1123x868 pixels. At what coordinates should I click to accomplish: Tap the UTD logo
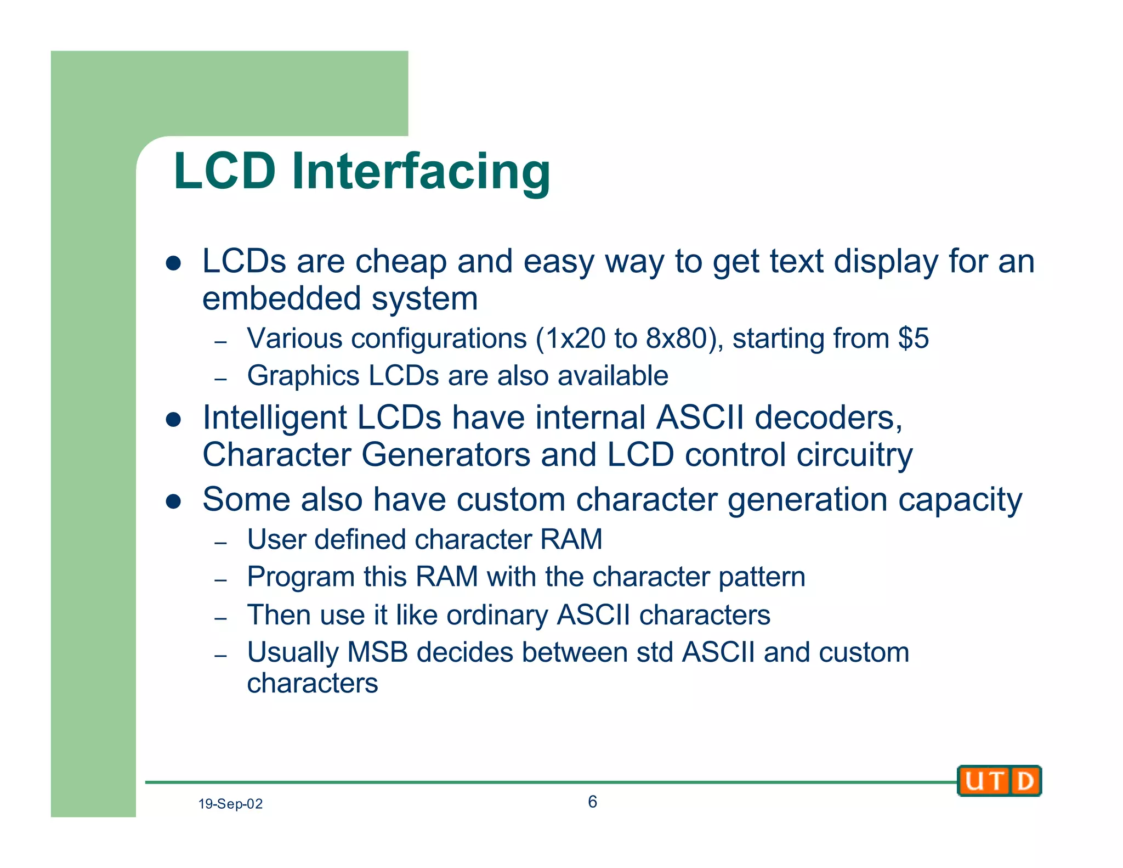pos(999,780)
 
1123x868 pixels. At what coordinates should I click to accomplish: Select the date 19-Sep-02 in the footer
pos(230,804)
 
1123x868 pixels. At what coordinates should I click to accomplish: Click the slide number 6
pos(592,802)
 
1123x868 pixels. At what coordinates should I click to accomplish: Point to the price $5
pos(914,338)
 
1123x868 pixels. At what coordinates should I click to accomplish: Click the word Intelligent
pos(274,418)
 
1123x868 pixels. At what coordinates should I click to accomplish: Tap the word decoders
pos(828,418)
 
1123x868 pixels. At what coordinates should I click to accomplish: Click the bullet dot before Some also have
pos(173,501)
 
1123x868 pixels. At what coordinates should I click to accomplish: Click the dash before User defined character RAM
pos(220,543)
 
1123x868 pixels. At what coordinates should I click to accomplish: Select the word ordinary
pos(497,615)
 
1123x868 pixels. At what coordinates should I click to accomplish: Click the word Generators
pos(446,455)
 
